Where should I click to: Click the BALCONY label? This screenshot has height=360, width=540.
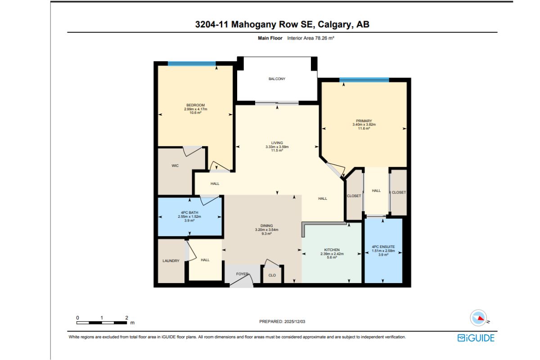(277, 79)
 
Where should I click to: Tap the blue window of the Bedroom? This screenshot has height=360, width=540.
(192, 63)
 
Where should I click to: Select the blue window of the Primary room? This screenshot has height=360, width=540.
(364, 80)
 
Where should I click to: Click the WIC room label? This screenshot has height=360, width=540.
(175, 166)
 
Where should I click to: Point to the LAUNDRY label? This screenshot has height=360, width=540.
(171, 261)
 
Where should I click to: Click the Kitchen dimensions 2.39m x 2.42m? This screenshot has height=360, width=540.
(332, 254)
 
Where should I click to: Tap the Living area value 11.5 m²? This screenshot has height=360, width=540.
(277, 150)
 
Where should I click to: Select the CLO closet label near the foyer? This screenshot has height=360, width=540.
(272, 275)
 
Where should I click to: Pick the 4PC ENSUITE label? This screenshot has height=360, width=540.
(383, 247)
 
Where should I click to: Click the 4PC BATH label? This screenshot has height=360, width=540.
(189, 212)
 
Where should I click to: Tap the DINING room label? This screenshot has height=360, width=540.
(266, 226)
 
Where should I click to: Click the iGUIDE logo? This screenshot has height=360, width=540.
(476, 338)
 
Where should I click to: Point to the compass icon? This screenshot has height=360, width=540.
(478, 318)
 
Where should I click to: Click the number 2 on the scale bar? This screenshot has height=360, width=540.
(126, 318)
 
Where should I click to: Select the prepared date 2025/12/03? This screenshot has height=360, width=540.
(295, 321)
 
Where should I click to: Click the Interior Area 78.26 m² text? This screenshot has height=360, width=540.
(310, 38)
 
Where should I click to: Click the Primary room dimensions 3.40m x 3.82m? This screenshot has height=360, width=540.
(364, 125)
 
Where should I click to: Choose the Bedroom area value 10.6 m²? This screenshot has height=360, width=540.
(195, 112)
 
